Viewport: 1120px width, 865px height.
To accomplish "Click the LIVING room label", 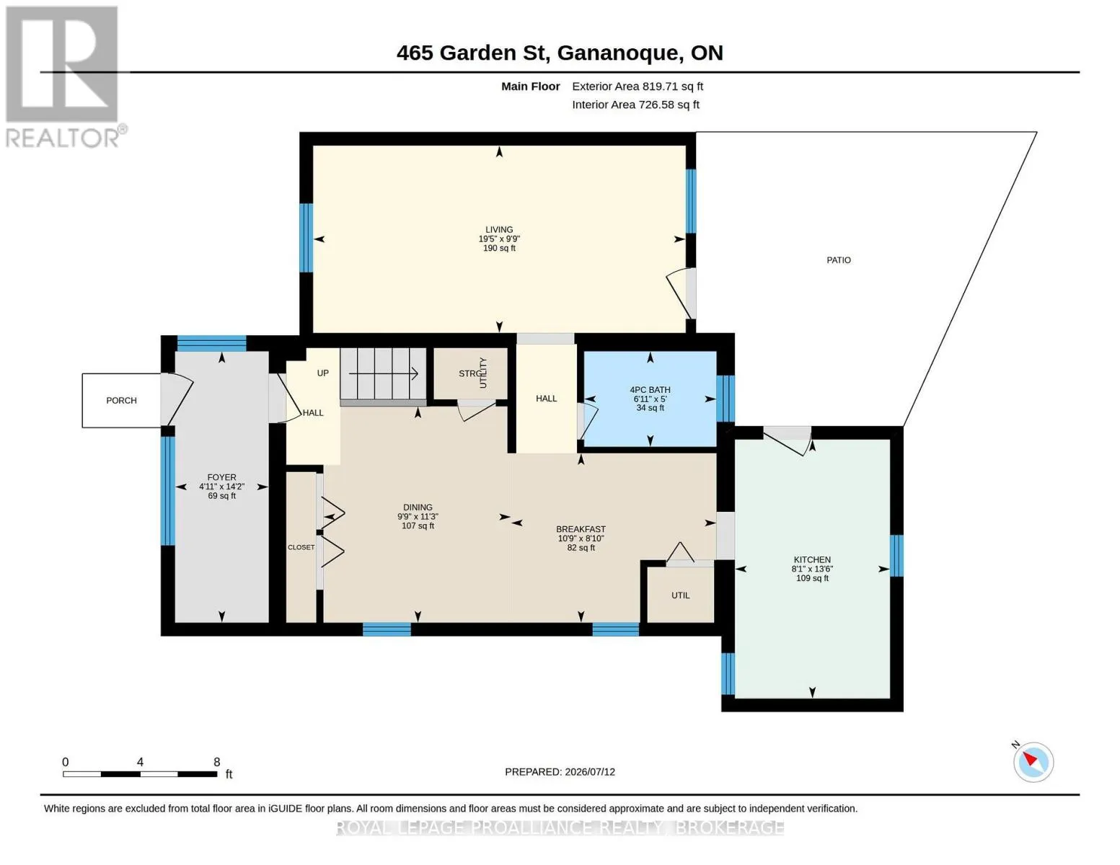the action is coord(499,230).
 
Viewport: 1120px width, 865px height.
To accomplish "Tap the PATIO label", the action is coord(839,260).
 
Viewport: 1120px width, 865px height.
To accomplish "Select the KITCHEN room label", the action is coord(812,559).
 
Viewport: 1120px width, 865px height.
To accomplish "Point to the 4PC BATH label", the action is coord(650,390).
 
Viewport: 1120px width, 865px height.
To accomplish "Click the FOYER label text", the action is coord(221,478).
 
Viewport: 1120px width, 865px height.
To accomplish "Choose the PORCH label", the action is coord(122,400).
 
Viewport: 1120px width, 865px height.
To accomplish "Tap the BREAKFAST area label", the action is coord(581,529).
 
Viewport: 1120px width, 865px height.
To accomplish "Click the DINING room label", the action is coord(418,507).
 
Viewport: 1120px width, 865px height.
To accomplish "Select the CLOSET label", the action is coord(301,547).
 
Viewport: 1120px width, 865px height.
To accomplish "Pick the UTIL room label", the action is coord(680,595).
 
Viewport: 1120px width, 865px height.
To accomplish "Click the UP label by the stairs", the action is coord(322,373).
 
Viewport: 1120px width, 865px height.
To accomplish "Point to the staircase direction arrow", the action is coord(383,373).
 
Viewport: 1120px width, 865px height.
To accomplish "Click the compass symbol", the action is coord(1033,763).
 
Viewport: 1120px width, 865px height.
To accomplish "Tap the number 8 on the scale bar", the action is coord(217,762).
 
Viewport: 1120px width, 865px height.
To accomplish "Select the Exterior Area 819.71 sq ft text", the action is coord(638,86).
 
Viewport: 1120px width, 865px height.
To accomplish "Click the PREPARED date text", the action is coord(560,772).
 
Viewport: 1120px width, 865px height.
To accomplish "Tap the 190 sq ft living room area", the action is coord(499,248).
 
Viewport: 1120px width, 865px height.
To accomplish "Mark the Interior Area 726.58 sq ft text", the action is coord(635,105).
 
